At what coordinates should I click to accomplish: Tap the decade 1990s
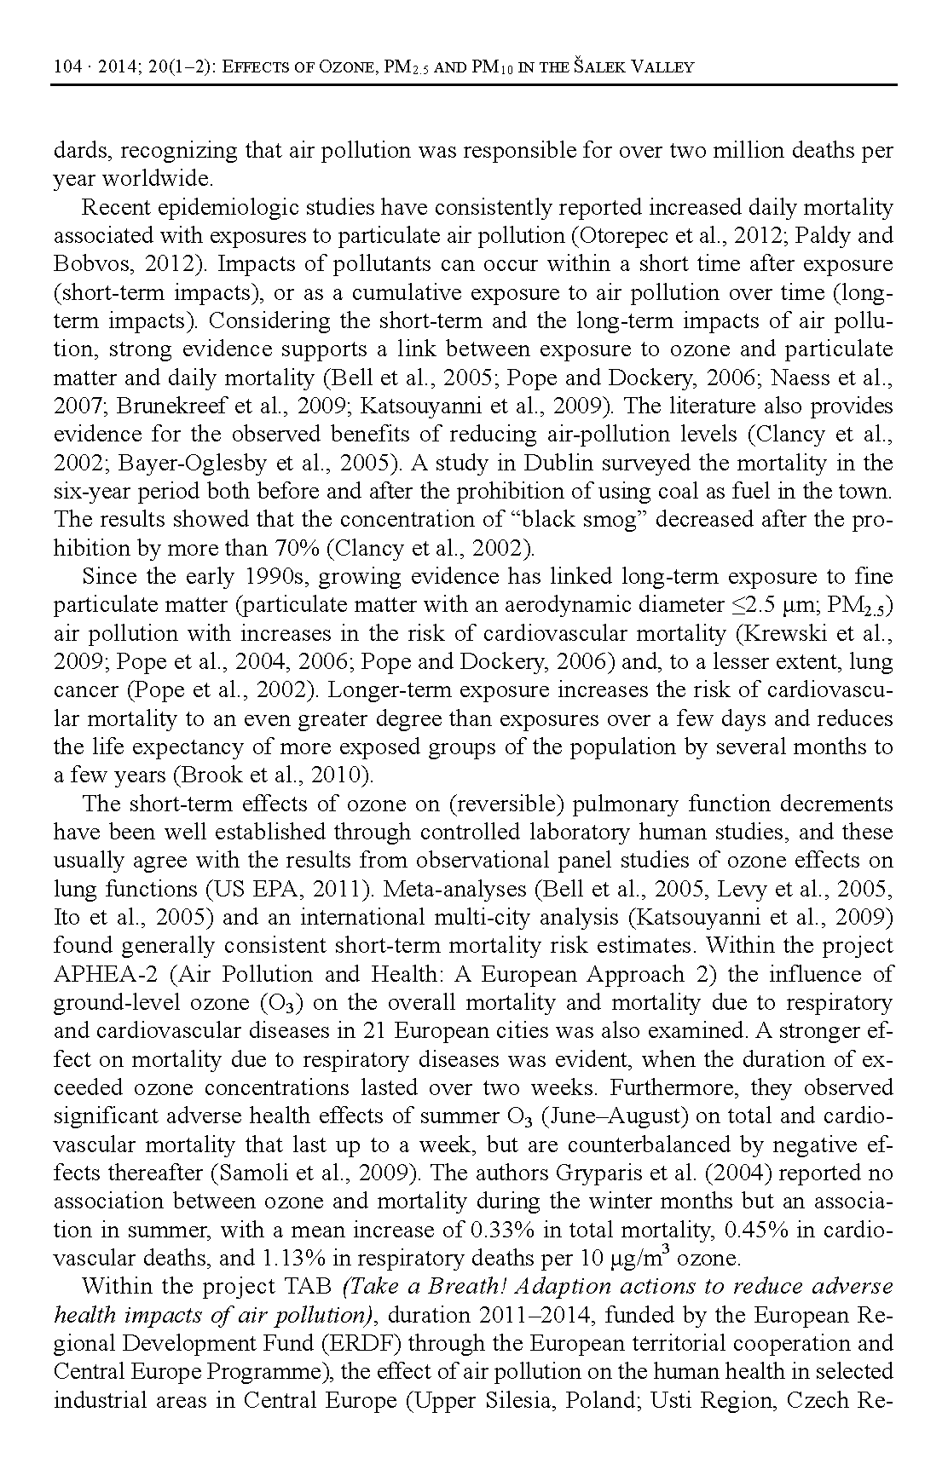coord(280,577)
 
